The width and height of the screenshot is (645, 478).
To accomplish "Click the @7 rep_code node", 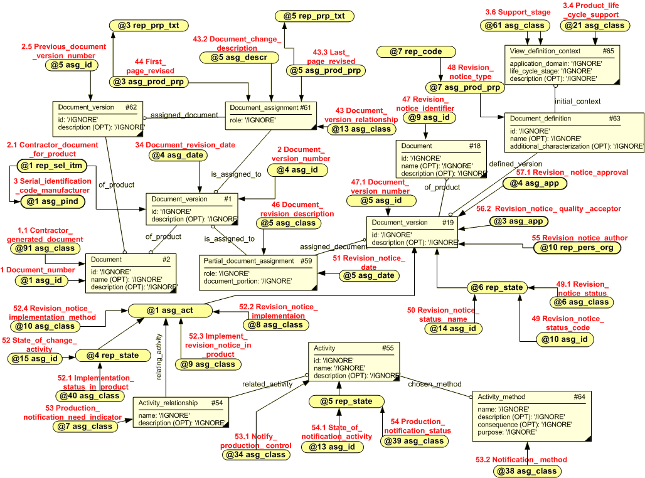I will pos(415,51).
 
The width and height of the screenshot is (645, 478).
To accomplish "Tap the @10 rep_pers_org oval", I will pos(577,248).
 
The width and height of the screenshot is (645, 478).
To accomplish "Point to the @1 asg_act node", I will pos(161,310).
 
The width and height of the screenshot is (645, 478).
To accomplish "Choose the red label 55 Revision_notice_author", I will pos(579,238).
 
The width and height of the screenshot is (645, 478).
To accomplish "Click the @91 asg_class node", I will pos(45,248).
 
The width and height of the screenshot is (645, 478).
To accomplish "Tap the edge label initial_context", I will pos(578,101).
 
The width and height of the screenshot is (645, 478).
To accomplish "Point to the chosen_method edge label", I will pos(435,384).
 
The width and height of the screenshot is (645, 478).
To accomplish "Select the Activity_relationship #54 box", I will pos(181,412).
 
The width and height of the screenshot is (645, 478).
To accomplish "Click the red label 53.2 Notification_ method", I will pos(530,460).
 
